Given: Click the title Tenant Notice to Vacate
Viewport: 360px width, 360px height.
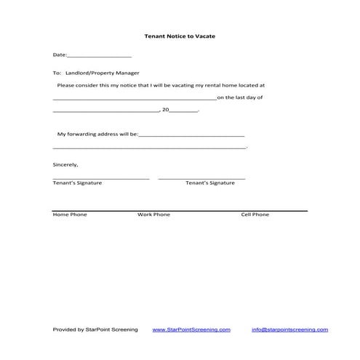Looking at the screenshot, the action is (x=180, y=36).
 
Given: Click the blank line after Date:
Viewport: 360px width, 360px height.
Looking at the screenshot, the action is (x=99, y=55).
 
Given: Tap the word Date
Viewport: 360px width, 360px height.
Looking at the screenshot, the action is (x=59, y=55).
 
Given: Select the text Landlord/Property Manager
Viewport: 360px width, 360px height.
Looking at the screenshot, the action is (x=102, y=73).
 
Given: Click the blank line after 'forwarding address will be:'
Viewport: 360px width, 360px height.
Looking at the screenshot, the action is (x=191, y=135).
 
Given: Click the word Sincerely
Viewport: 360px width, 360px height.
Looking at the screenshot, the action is (x=65, y=164).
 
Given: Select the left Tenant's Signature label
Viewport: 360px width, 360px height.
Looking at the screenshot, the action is (x=77, y=183).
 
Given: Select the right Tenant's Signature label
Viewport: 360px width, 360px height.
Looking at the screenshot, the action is (x=210, y=183).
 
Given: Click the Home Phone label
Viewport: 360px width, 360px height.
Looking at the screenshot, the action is (x=70, y=215).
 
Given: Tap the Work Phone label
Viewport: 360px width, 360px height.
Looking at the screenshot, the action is (x=153, y=215).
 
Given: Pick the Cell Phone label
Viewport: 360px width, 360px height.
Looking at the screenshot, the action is (x=255, y=215).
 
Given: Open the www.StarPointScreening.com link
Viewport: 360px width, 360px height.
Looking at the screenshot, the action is (x=191, y=329).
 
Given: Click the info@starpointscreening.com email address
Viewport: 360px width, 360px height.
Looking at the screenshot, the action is (x=284, y=329).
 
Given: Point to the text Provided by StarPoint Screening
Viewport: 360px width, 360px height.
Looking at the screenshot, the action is (x=95, y=329).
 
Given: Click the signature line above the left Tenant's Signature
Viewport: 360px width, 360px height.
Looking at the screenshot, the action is (x=100, y=177).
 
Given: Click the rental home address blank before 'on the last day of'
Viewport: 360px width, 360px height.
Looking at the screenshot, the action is (x=135, y=97).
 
